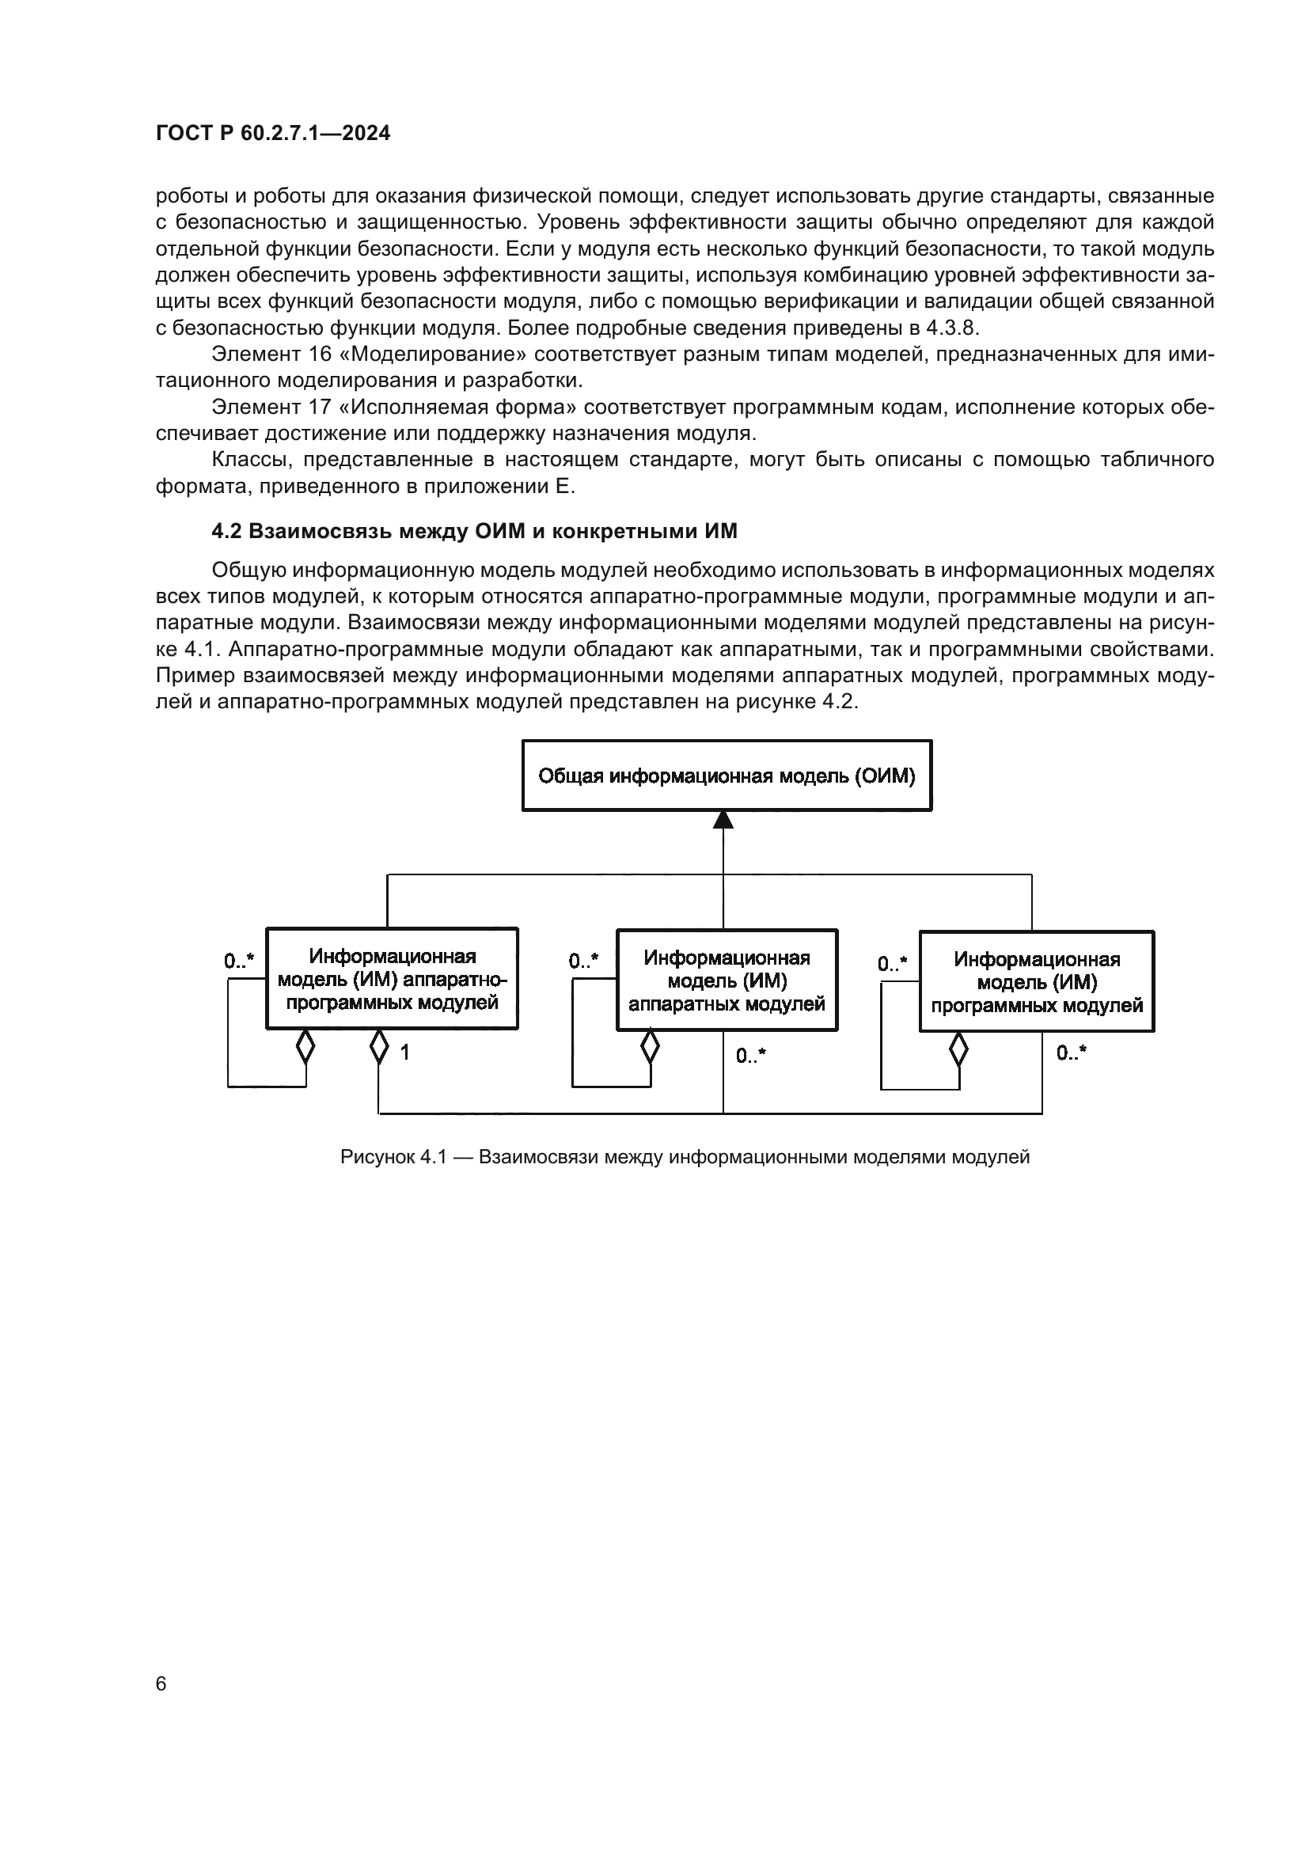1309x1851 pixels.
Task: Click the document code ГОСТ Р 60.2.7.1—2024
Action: (x=272, y=134)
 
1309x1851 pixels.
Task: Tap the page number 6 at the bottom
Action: (x=161, y=1683)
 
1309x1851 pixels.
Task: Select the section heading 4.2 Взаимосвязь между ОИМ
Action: (x=474, y=531)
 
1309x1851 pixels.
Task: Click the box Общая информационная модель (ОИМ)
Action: (x=727, y=776)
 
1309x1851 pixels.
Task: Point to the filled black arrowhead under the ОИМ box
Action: (x=723, y=820)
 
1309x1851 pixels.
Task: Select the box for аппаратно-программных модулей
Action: (x=392, y=979)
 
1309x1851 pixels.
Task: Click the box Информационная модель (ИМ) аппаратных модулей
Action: (x=727, y=980)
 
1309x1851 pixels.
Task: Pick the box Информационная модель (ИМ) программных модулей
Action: (x=1037, y=982)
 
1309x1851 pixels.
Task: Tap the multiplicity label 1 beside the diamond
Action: (x=405, y=1052)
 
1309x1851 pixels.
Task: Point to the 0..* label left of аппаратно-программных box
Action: (x=239, y=960)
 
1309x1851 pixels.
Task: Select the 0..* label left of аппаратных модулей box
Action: (x=583, y=961)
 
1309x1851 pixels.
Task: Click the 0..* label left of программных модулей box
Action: (x=892, y=963)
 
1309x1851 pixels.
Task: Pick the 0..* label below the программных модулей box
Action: (x=1072, y=1052)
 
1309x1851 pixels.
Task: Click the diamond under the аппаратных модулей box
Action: (x=650, y=1047)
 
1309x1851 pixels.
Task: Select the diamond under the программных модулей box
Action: (x=958, y=1049)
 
